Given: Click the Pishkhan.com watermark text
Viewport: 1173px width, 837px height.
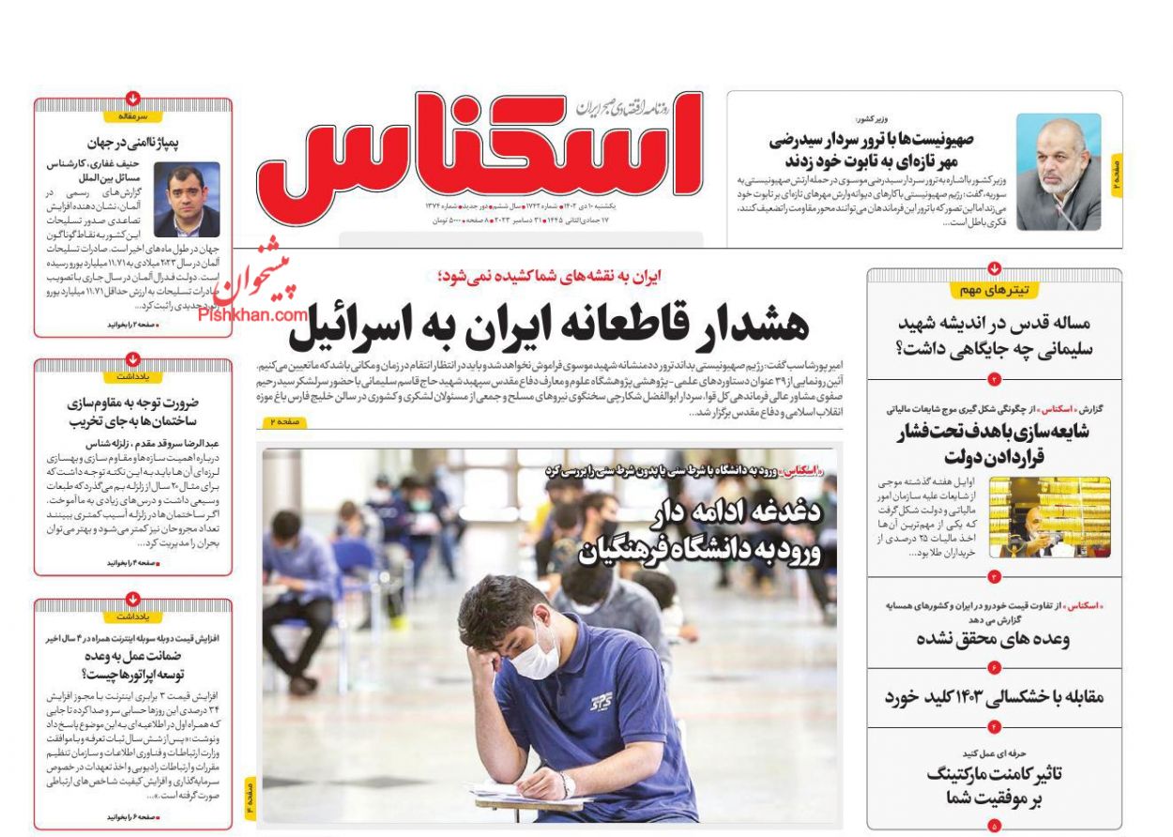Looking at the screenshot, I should [x=252, y=315].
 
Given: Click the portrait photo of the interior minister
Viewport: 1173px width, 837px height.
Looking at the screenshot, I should [x=1058, y=172].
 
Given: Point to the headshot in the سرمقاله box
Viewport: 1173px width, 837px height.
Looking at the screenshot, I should [x=187, y=199].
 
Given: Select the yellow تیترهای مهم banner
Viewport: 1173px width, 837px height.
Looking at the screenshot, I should [x=995, y=290].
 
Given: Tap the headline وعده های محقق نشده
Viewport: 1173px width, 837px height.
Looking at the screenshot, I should [x=992, y=639].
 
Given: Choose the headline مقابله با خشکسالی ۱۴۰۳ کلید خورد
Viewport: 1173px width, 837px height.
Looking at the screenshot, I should [x=994, y=697].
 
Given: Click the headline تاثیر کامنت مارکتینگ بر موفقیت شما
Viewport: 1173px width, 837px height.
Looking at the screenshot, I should [x=994, y=786].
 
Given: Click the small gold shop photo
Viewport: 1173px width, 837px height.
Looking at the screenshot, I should [x=1049, y=516].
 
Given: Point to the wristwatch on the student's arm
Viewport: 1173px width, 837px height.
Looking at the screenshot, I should [x=568, y=783].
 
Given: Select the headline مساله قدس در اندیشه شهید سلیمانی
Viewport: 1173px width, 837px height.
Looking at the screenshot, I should [x=994, y=336].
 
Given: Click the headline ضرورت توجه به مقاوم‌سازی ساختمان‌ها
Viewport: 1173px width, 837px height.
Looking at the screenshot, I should [x=132, y=412].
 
